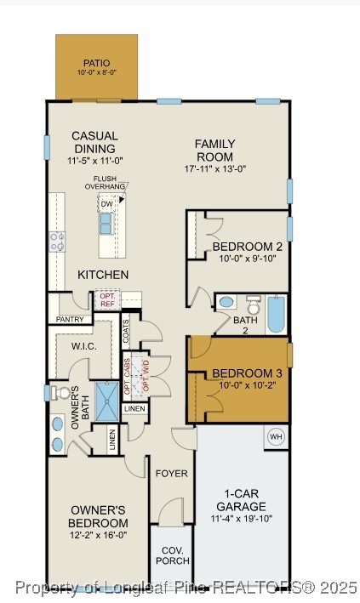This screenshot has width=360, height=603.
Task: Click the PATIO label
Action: click(x=96, y=63)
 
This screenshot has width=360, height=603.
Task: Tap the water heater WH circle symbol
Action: click(x=276, y=437)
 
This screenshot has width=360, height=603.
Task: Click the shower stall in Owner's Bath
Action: click(x=108, y=401)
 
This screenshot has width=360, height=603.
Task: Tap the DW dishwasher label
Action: click(x=107, y=204)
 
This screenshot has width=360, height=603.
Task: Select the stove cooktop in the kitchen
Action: click(x=57, y=242)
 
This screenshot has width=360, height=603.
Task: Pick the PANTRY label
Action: click(x=69, y=319)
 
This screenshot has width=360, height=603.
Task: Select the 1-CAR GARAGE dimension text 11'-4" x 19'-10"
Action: click(x=239, y=518)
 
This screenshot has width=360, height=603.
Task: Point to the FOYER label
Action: click(x=171, y=473)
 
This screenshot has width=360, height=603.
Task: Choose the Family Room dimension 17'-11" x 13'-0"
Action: click(x=215, y=168)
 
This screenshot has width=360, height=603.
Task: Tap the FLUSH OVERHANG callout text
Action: click(x=110, y=182)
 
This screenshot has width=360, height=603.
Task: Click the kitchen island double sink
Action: click(x=106, y=223)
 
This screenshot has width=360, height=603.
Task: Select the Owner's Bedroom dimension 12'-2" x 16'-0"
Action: click(x=99, y=536)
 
